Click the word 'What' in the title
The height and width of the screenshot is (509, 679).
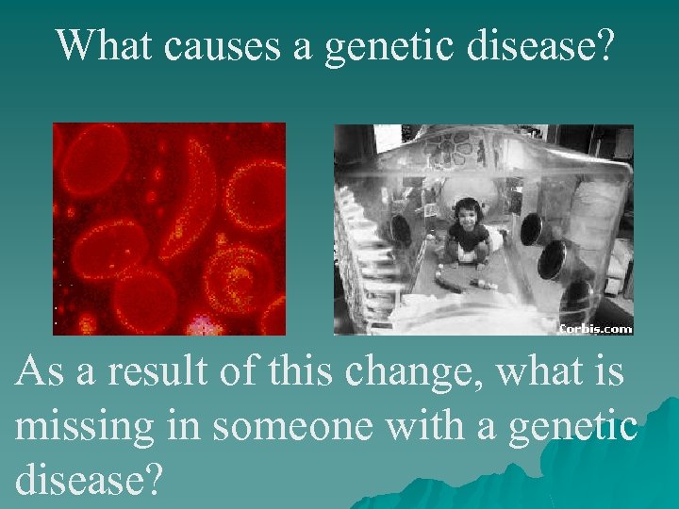[x=105, y=44]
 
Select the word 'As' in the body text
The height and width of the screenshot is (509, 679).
[x=41, y=371]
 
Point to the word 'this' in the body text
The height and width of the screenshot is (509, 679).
[x=304, y=371]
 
